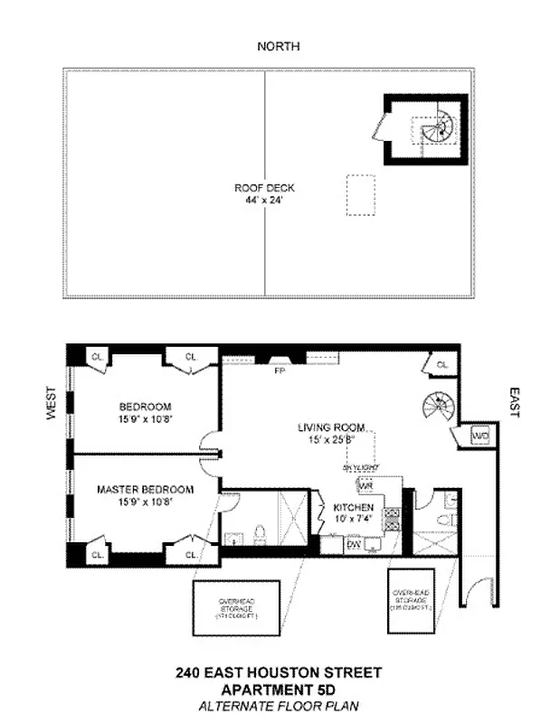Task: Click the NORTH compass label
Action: [278, 46]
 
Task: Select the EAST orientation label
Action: [514, 403]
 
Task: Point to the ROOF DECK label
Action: [264, 188]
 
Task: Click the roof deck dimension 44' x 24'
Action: [264, 200]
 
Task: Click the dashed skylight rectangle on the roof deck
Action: [362, 194]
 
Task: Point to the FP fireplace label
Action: [279, 370]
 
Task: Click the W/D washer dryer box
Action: [479, 437]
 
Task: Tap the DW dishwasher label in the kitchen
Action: [355, 545]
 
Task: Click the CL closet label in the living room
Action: [441, 364]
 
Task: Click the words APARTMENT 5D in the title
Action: [279, 689]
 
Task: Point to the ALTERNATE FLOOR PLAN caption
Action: [279, 705]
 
